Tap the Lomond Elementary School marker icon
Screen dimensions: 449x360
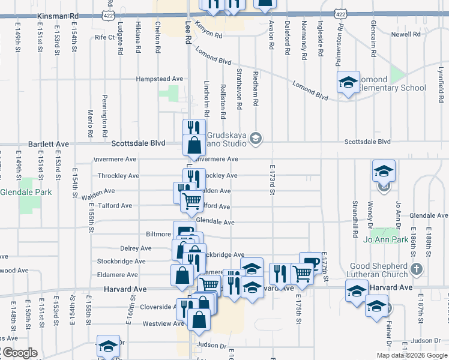click(x=348, y=85)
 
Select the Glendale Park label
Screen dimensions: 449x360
click(x=26, y=193)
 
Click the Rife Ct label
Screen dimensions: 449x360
click(x=104, y=37)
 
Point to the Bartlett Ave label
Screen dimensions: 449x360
click(x=49, y=145)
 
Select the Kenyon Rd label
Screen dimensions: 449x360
click(x=209, y=35)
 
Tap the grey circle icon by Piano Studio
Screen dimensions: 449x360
click(x=256, y=139)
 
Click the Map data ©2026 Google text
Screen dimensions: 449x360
click(x=411, y=355)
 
